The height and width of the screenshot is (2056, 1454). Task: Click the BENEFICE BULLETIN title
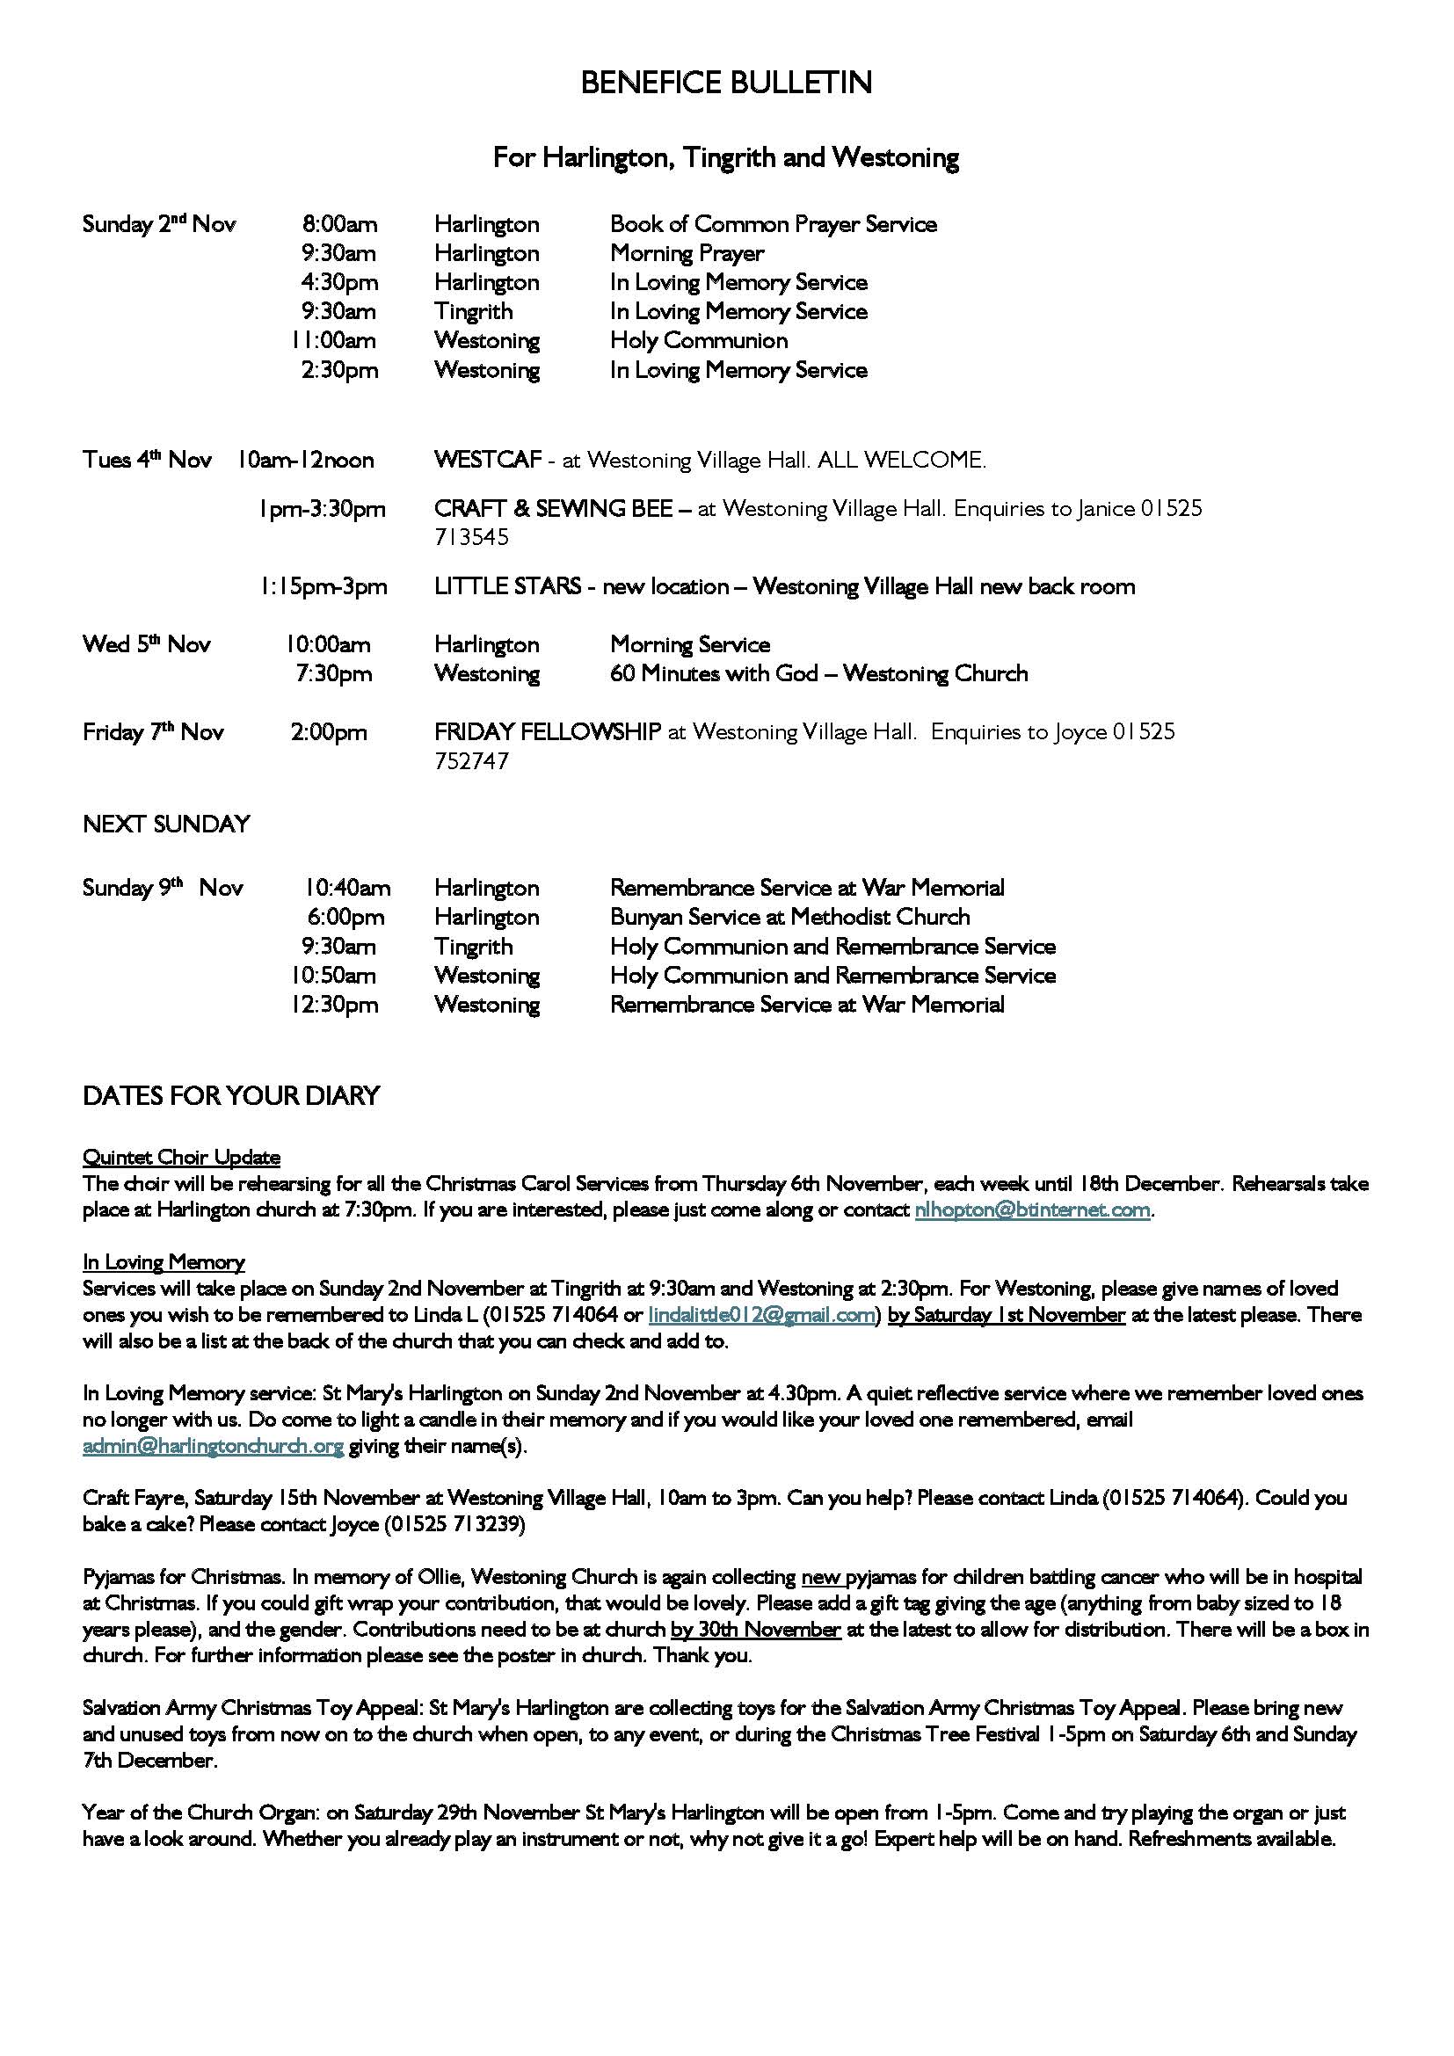(726, 84)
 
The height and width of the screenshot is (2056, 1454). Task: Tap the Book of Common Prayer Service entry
(774, 224)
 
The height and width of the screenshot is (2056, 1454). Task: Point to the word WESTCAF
(488, 461)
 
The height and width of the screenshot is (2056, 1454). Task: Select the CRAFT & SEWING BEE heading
(553, 509)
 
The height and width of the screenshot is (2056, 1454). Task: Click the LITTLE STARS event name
(506, 586)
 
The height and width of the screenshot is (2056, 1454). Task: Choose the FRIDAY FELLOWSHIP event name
(547, 732)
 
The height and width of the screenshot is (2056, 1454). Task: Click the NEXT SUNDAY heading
(166, 824)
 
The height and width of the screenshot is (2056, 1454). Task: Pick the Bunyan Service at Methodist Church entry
(789, 917)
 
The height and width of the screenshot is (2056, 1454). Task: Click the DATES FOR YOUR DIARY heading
(231, 1096)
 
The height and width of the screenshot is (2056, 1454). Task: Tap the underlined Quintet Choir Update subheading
(181, 1158)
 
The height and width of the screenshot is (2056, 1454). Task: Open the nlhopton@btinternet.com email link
(1032, 1210)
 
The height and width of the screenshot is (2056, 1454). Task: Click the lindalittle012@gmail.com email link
(761, 1316)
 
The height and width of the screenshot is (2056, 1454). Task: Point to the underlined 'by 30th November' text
(756, 1630)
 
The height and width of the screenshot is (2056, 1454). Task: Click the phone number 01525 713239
(454, 1524)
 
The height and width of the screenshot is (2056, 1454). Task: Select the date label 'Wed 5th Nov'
(147, 644)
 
